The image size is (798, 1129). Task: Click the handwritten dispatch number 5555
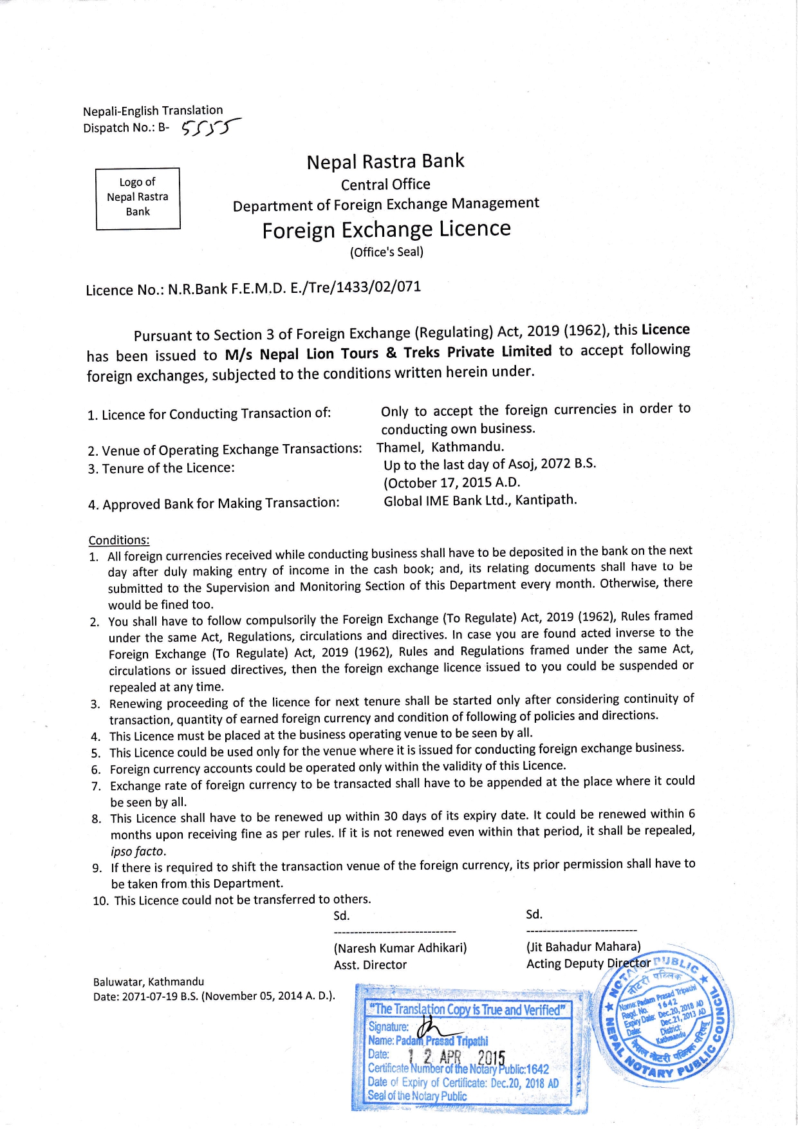209,128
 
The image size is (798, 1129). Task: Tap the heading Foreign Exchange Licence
386,230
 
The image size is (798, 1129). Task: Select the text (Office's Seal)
386,252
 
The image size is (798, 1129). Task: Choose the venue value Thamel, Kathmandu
440,447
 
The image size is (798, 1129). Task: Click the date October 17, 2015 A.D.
452,482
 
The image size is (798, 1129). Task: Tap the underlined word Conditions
118,540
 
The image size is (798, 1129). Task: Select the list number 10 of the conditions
100,900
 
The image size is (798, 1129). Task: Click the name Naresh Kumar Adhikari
400,947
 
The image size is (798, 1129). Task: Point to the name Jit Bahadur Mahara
583,946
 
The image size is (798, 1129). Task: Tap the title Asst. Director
370,965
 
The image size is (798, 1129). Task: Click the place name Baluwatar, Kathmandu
149,982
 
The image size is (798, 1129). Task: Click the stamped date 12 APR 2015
456,1057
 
